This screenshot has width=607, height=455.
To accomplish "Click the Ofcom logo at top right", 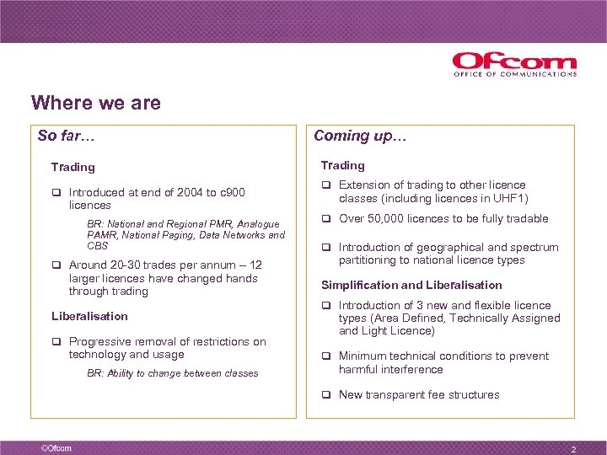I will [x=514, y=62].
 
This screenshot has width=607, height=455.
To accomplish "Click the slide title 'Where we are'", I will [x=95, y=103].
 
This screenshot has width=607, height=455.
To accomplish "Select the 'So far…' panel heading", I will [x=68, y=136].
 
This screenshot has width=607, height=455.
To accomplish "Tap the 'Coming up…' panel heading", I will [x=360, y=136].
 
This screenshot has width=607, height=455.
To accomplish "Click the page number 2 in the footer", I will [x=573, y=449].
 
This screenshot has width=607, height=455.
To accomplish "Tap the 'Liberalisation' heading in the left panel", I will [x=89, y=316].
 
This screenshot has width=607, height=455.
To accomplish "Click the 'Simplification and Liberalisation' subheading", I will [x=411, y=285].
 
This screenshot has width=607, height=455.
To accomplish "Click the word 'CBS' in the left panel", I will [x=98, y=246].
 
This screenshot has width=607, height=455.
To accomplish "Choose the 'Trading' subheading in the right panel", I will [x=342, y=165].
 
